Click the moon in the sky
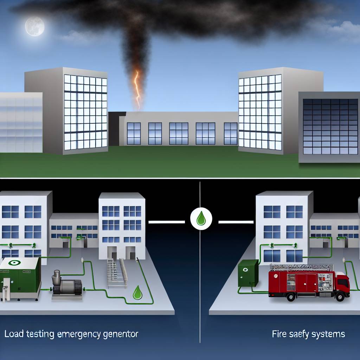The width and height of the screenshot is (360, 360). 35,26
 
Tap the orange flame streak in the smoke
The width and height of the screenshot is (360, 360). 137,88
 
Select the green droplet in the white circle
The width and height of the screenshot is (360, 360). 201,218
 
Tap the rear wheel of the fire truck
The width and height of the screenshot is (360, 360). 290,297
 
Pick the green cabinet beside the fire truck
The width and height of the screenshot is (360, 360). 248,273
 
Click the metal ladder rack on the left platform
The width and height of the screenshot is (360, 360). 116,271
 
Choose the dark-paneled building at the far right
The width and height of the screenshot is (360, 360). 329,127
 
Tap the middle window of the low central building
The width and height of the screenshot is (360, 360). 179,133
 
